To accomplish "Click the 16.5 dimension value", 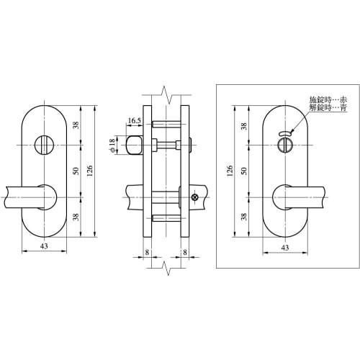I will pos(135,121).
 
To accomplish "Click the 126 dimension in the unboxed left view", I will pos(90,171).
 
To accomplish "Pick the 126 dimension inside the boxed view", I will pos(229,171).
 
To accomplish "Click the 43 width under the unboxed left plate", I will pos(45,247).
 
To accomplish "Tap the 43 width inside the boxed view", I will pos(284,247).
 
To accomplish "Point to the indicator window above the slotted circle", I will pos(284,133).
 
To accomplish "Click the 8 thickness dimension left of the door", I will pos(147,253).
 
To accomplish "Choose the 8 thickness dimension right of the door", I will pos(186,253).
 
